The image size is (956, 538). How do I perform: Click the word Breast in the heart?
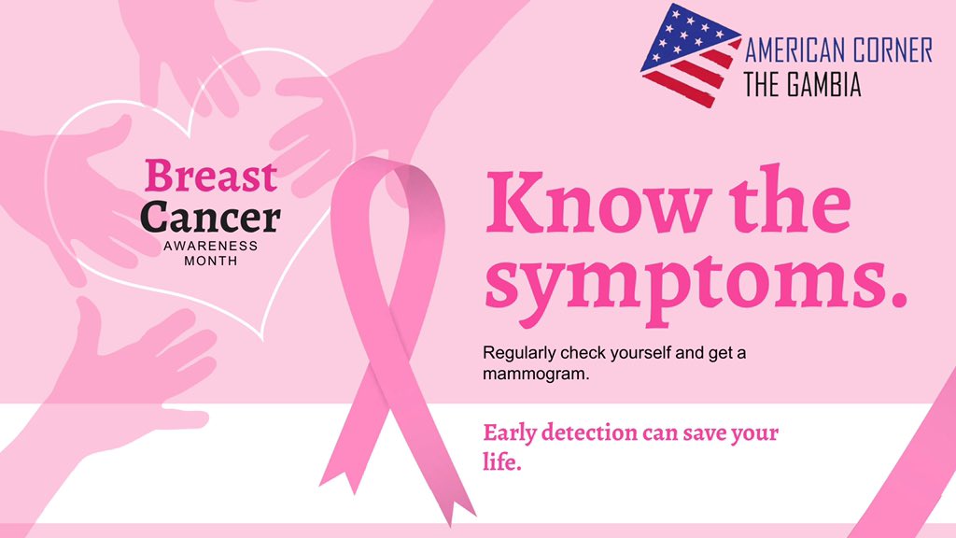pyautogui.click(x=211, y=177)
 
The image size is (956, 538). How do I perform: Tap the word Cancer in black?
pyautogui.click(x=211, y=217)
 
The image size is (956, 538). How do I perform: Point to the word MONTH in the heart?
pyautogui.click(x=211, y=261)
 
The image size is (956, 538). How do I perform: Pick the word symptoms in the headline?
pyautogui.click(x=678, y=281)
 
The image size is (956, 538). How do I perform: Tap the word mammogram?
pyautogui.click(x=537, y=374)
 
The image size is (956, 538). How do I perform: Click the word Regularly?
pyautogui.click(x=516, y=354)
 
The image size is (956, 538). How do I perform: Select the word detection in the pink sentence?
pyautogui.click(x=595, y=433)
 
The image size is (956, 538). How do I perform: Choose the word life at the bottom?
pyautogui.click(x=499, y=461)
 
